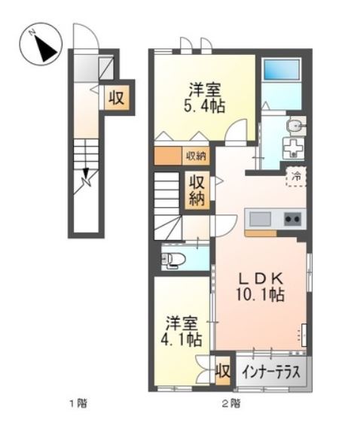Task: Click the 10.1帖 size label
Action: click(261, 295)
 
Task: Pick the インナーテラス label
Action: click(272, 371)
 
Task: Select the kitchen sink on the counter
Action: click(261, 219)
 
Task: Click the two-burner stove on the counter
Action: click(291, 219)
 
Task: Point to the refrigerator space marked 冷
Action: click(296, 175)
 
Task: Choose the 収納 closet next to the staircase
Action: click(197, 190)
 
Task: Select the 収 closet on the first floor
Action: click(116, 97)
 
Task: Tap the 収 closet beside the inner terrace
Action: click(222, 371)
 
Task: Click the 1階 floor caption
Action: click(78, 403)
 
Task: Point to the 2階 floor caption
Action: click(230, 403)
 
